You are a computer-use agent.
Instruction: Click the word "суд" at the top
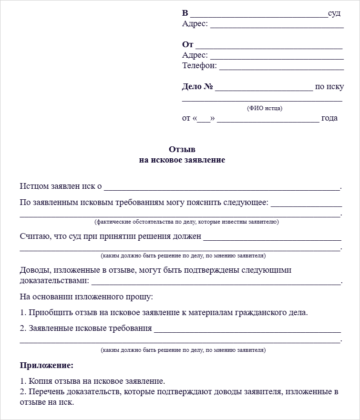click(x=334, y=13)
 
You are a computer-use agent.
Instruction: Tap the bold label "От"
click(x=187, y=44)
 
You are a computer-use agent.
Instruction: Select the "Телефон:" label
click(x=199, y=65)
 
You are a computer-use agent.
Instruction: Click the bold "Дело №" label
click(x=197, y=87)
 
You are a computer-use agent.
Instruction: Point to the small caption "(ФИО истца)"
click(x=265, y=108)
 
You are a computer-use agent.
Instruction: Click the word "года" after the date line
click(x=329, y=118)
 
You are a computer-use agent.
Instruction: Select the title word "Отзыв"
click(x=182, y=149)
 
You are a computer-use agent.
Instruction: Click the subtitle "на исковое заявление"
click(x=182, y=160)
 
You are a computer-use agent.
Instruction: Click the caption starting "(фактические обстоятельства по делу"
click(x=186, y=222)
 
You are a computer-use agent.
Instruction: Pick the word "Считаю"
click(x=32, y=236)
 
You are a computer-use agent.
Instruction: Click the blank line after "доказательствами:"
click(x=216, y=282)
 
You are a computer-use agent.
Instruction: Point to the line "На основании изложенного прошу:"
click(x=86, y=297)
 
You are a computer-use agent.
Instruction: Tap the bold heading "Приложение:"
click(x=47, y=366)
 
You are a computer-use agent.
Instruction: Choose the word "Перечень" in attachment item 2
click(x=45, y=392)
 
